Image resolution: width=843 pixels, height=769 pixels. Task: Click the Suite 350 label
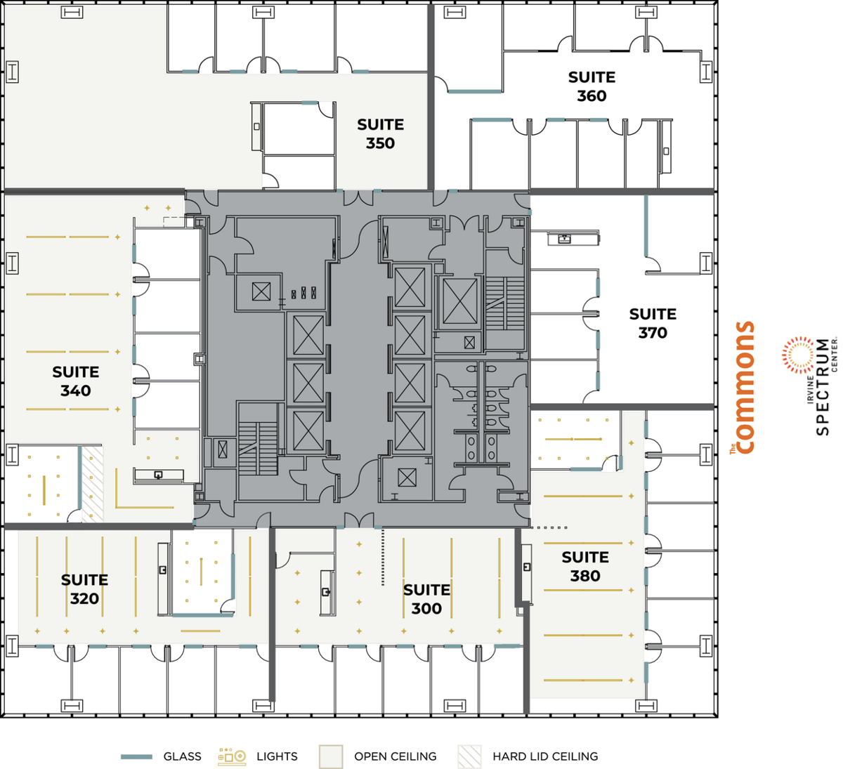coord(380,133)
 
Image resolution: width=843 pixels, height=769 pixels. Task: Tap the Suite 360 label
coord(592,86)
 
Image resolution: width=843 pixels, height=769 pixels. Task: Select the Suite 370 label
coord(653,323)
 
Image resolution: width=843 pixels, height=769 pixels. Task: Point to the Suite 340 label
coord(75,381)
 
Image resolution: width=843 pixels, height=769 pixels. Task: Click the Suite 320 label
coord(84,589)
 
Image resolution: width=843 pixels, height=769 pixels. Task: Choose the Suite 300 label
coord(426,599)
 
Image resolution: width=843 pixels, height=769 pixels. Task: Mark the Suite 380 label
coord(584,566)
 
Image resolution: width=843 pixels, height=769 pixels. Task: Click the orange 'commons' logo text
coord(743,388)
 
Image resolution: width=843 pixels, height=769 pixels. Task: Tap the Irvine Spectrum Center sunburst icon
coord(797,354)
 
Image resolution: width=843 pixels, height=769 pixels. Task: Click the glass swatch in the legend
coord(136,756)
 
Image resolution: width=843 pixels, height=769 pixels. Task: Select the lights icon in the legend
coord(232,756)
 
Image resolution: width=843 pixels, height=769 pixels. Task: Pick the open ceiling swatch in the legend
coord(330,756)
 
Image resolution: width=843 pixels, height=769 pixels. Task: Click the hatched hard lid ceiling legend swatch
coord(469,756)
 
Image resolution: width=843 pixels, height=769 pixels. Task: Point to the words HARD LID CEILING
coord(545,756)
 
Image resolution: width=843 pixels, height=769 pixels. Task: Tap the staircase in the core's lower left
coord(257,440)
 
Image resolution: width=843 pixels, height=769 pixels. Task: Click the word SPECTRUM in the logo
coord(822,386)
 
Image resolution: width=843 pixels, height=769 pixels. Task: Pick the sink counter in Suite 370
coord(565,239)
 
